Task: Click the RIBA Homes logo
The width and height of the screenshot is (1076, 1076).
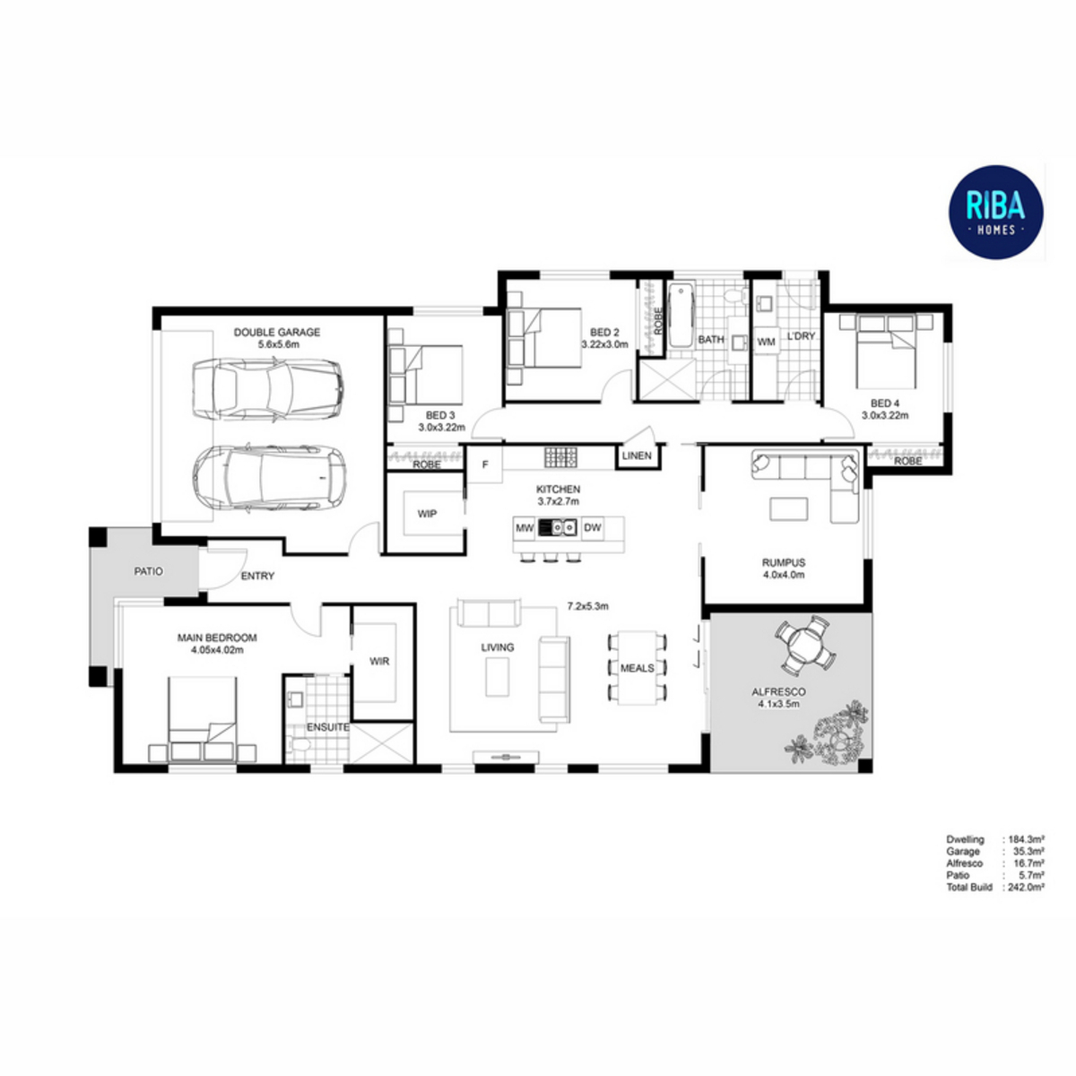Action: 995,213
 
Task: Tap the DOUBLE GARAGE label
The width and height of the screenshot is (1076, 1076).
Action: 277,333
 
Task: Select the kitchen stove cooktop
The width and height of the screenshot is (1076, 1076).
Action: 561,457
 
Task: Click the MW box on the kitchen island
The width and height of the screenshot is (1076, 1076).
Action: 525,527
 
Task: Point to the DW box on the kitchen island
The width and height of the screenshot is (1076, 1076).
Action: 593,527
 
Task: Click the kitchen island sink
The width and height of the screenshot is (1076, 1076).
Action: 557,527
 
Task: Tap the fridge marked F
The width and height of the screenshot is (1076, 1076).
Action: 485,464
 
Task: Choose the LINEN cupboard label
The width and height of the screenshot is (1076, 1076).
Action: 637,456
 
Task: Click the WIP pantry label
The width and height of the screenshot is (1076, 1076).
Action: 427,514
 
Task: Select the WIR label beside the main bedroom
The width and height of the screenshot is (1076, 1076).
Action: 379,662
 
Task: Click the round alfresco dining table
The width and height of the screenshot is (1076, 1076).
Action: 804,644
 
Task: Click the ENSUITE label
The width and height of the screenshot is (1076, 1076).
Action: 328,727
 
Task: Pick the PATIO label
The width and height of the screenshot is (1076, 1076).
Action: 149,572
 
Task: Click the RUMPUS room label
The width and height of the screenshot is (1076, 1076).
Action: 784,563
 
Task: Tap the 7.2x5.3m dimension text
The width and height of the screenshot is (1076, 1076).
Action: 588,606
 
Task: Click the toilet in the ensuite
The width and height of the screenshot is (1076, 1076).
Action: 298,743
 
